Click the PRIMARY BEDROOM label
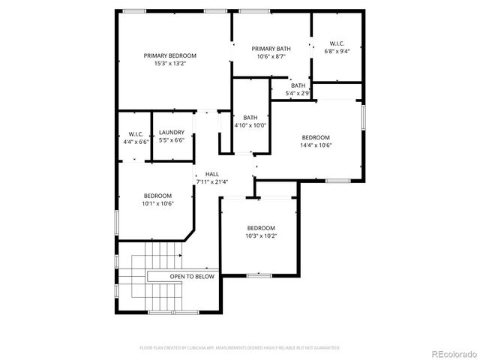(x=170, y=55)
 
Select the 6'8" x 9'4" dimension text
(x=337, y=52)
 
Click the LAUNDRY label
(x=171, y=133)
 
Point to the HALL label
(x=212, y=173)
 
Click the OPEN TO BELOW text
(x=192, y=277)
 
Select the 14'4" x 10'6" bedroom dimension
(x=316, y=145)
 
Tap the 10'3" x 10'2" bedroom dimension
(x=261, y=236)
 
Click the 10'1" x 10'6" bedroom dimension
(x=158, y=203)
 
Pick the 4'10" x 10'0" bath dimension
(x=250, y=126)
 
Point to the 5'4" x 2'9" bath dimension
(x=298, y=94)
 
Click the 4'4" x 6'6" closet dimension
(x=136, y=141)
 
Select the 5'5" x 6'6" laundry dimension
(x=171, y=141)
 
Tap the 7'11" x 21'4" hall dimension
(x=212, y=181)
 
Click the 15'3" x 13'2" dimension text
(x=170, y=64)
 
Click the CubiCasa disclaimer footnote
(x=240, y=347)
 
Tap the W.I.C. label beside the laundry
(x=136, y=133)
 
